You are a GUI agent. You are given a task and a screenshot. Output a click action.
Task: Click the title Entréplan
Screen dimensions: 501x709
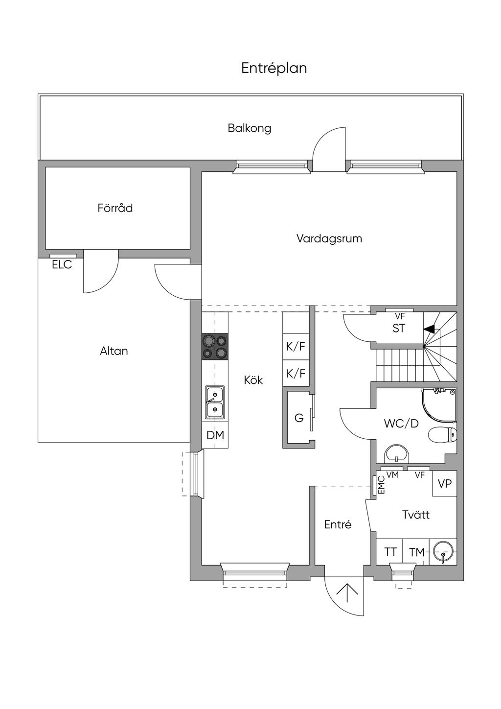pos(274,69)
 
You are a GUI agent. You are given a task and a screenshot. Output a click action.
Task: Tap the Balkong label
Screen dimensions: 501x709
pos(250,128)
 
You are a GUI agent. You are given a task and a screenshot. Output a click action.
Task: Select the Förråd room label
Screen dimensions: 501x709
pos(115,208)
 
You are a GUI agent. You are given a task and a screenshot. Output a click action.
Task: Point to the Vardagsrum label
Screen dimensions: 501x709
pos(329,238)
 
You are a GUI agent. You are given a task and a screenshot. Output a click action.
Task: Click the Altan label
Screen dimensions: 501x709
pos(114,351)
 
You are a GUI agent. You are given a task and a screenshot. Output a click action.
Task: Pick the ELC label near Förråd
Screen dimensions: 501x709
pos(62,264)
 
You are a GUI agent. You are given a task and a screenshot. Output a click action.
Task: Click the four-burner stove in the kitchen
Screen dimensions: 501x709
pos(215,347)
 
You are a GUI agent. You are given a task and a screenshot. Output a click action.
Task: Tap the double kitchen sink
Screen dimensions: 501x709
pos(215,402)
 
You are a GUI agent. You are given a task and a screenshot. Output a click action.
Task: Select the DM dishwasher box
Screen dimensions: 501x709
pos(215,435)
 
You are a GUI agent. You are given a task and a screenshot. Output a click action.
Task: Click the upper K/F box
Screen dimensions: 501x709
pos(296,346)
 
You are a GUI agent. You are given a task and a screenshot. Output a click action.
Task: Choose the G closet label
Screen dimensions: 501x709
pos(299,418)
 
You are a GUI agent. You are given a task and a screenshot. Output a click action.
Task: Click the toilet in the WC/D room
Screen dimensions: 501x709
pos(442,435)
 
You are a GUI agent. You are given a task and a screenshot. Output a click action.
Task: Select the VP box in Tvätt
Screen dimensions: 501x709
pos(445,483)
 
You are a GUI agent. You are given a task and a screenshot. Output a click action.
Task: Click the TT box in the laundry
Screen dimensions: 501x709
pos(390,552)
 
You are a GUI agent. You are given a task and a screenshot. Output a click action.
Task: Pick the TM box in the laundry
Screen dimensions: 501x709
pos(417,552)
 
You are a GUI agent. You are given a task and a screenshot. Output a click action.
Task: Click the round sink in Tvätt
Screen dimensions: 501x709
pos(443,551)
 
